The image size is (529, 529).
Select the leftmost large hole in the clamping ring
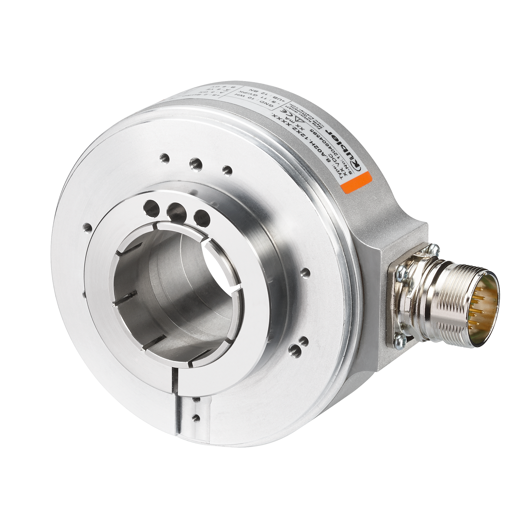(152, 206)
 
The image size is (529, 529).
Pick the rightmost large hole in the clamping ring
(201, 216)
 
